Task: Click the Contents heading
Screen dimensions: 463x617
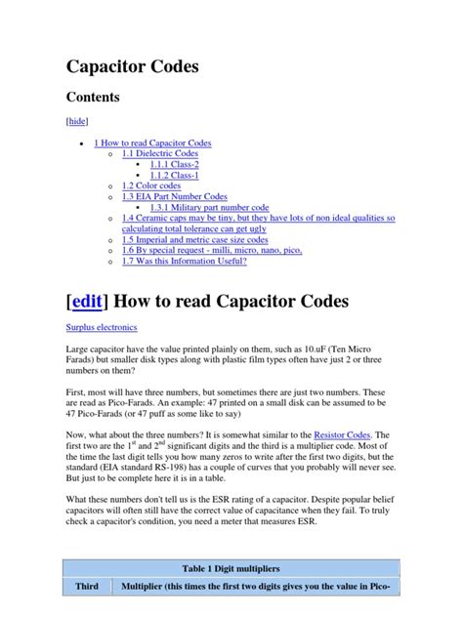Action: click(93, 98)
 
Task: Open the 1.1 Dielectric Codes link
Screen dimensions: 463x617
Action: click(160, 154)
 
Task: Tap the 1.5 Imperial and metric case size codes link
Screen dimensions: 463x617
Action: click(195, 239)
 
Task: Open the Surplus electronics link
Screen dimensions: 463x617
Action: click(102, 328)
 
